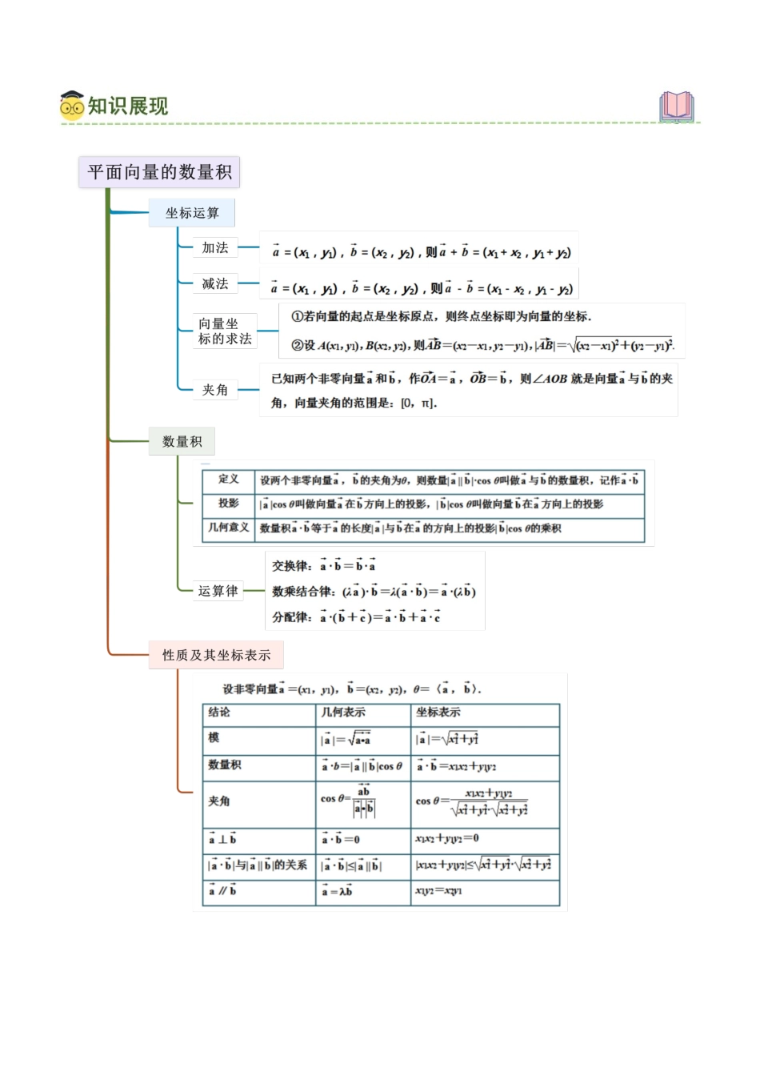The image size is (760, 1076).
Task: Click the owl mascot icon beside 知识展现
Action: point(71,106)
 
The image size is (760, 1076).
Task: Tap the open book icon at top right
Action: point(677,106)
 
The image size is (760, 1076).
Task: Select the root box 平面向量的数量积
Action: point(159,172)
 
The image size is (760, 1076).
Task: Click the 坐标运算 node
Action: point(192,213)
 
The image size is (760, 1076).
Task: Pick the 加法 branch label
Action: point(215,248)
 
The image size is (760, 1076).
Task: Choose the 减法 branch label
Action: point(215,284)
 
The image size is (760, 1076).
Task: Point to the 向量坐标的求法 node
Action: point(225,331)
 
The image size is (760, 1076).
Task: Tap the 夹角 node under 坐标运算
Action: point(215,390)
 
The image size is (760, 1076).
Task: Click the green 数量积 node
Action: point(182,441)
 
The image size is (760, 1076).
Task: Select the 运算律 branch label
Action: point(218,591)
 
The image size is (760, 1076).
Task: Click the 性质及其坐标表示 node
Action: point(217,655)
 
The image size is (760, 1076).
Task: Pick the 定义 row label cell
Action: point(229,480)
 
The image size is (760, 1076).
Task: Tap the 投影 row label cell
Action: point(229,504)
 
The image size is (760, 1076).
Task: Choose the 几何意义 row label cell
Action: point(229,528)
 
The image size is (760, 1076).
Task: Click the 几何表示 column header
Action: point(343,713)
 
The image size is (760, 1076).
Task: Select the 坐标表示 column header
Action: point(438,713)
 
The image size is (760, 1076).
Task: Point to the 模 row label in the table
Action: point(214,738)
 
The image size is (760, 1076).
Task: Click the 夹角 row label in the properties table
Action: point(219,801)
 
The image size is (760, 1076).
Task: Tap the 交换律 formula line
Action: point(324,566)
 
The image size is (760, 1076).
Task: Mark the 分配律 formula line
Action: point(356,617)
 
